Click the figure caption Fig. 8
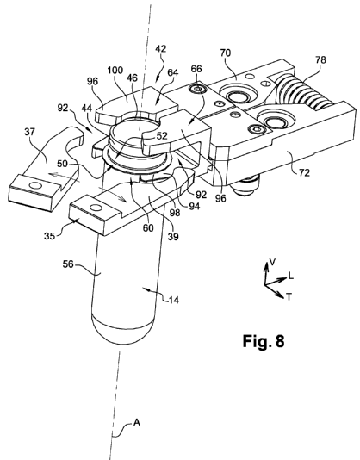(x=264, y=341)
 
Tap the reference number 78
(x=320, y=59)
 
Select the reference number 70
(x=226, y=53)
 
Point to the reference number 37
(x=29, y=132)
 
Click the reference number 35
(x=49, y=235)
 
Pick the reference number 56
(x=68, y=264)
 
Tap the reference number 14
(x=174, y=300)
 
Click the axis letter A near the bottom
(x=137, y=423)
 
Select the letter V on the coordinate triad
(x=272, y=262)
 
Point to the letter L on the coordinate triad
(x=291, y=276)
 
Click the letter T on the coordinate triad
(x=289, y=297)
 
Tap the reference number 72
(x=304, y=173)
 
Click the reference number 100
(x=115, y=71)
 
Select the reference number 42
(x=161, y=48)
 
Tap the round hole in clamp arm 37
(x=36, y=185)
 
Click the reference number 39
(x=173, y=236)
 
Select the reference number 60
(x=148, y=228)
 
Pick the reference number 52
(x=162, y=136)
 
